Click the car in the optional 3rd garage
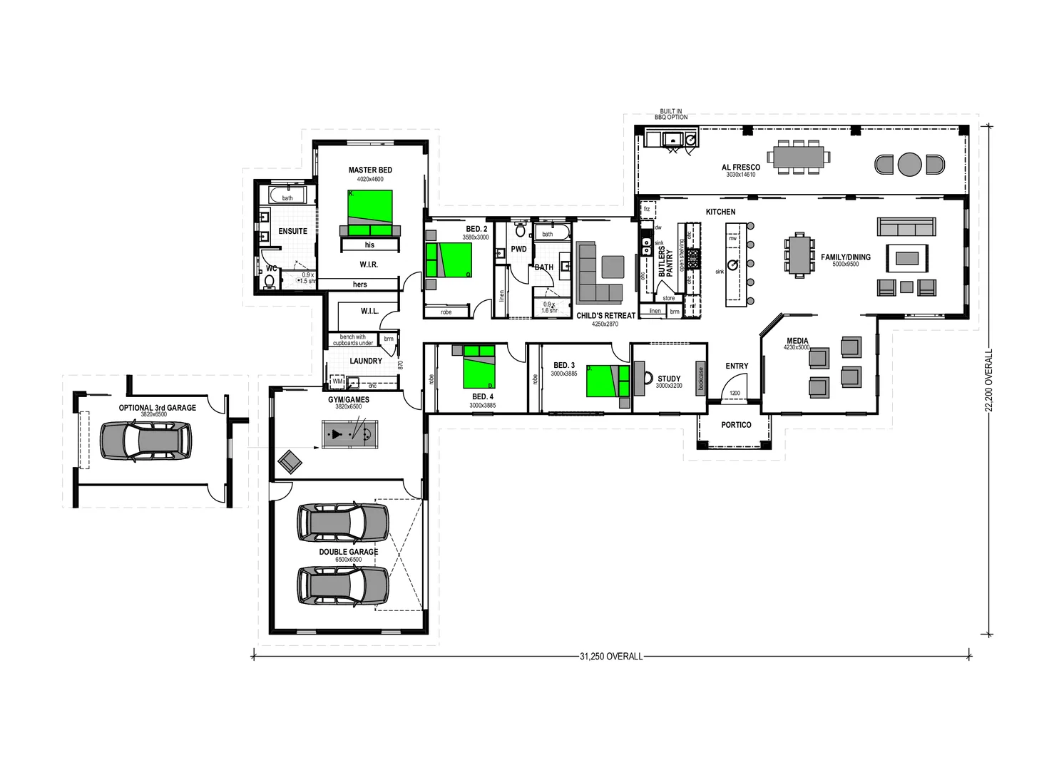pos(146,441)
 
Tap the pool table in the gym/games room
pos(349,434)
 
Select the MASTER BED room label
pos(370,170)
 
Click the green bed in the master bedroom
pos(370,207)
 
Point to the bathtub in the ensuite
pos(287,195)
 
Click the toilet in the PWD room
pos(521,230)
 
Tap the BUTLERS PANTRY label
pos(665,262)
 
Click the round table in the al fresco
pos(909,164)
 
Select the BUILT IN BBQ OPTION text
pos(671,114)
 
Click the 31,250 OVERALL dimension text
pos(611,656)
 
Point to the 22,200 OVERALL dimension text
pos(988,380)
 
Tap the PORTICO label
pos(736,425)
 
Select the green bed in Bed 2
pos(449,260)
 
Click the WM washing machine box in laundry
pos(337,381)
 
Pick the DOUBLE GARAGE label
pos(349,552)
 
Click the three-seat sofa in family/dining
pos(906,227)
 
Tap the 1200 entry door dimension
pos(735,393)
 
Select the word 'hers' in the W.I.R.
pos(360,284)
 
